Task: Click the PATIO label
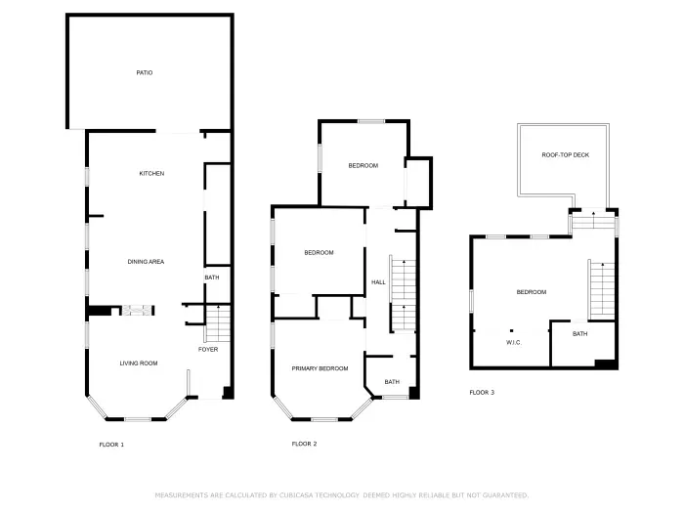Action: tap(144, 72)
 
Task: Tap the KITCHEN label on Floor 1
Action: tap(151, 173)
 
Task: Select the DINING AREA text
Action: tap(146, 261)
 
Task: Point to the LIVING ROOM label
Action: tap(139, 363)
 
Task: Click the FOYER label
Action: tap(208, 349)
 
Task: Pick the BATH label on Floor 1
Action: tap(212, 278)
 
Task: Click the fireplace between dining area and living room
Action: tap(137, 311)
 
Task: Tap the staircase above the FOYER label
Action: tap(220, 321)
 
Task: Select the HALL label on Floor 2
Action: tap(378, 282)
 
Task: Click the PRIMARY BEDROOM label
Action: tap(321, 368)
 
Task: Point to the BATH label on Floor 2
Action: tap(392, 382)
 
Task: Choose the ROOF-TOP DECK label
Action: tap(566, 155)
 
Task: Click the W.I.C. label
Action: tap(514, 343)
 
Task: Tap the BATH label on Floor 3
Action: tap(580, 334)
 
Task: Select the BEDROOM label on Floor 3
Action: tap(532, 292)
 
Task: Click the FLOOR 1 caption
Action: tap(111, 445)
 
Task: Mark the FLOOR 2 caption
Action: tap(305, 444)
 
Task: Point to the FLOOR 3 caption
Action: tap(482, 393)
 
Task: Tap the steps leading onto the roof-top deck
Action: tap(593, 222)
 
